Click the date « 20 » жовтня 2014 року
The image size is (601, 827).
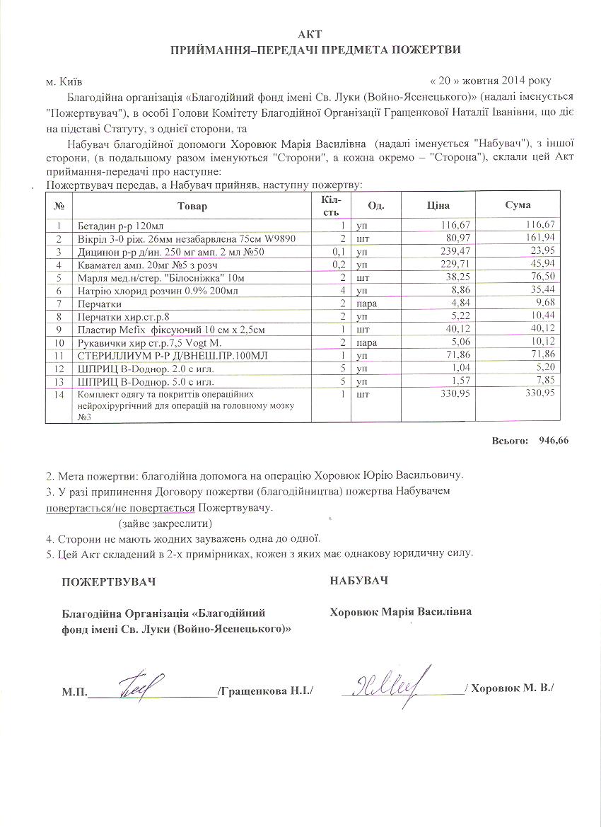(x=491, y=81)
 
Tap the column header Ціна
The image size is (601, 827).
(x=438, y=205)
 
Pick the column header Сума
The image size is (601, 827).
(x=518, y=205)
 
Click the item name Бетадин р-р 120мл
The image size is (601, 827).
(x=120, y=226)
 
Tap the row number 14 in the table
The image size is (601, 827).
(x=59, y=395)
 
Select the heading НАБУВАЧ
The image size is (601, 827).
(x=359, y=581)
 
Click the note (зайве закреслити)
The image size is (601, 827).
(x=165, y=524)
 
